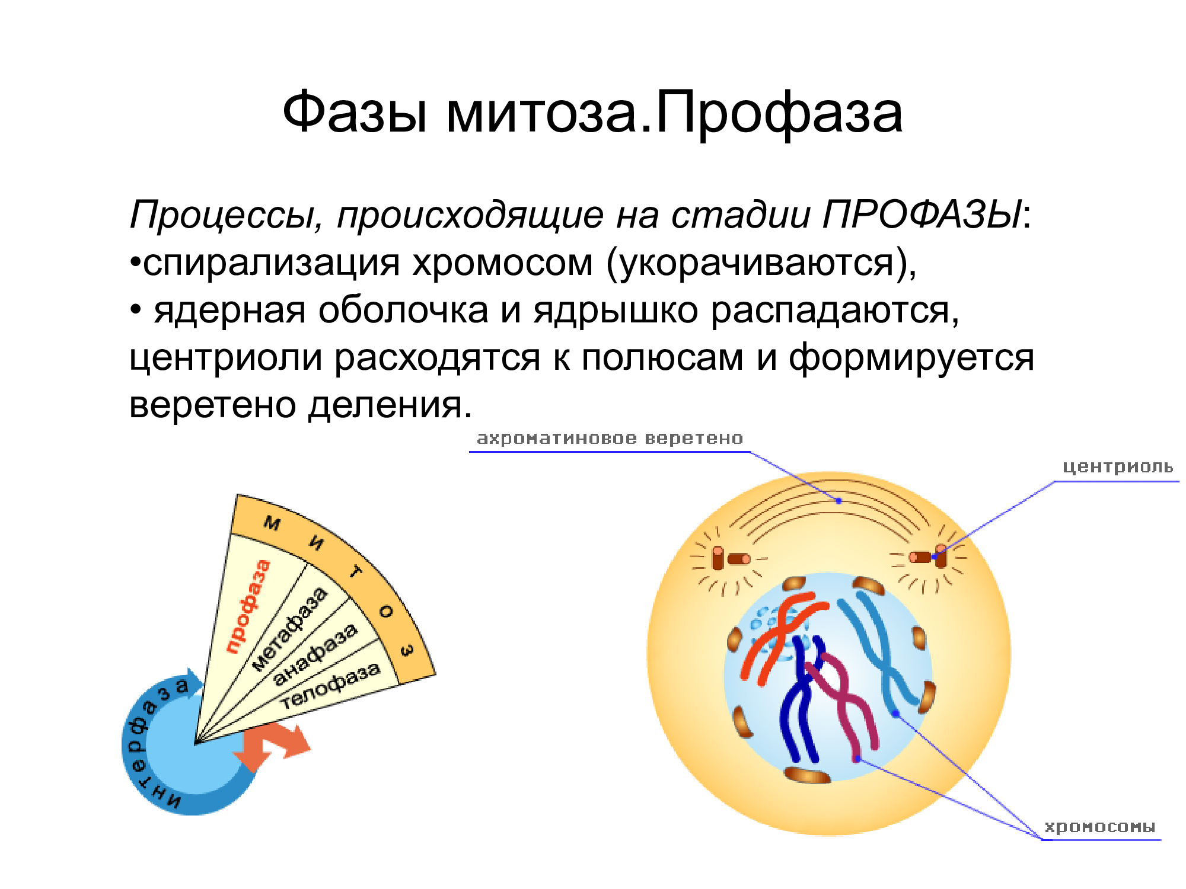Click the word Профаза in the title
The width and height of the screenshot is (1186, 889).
[x=779, y=113]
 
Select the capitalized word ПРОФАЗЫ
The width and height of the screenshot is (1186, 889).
[x=922, y=214]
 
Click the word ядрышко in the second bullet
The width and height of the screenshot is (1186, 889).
[x=616, y=311]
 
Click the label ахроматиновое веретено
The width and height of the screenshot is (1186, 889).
[x=610, y=438]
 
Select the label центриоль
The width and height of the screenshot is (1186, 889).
[x=1117, y=468]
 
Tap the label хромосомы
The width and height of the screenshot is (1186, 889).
[x=1100, y=827]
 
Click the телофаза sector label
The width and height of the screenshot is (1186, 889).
[x=330, y=685]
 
